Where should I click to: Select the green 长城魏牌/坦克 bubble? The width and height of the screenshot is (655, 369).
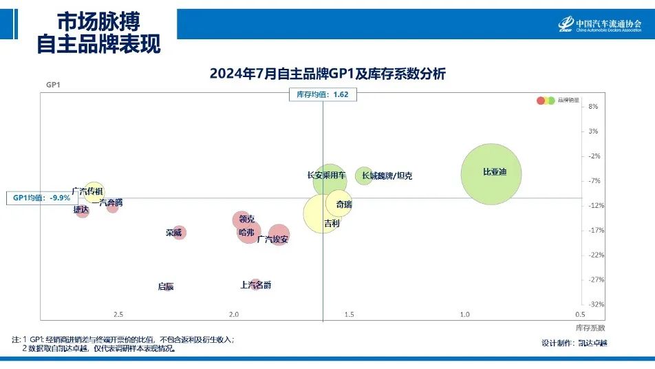364,176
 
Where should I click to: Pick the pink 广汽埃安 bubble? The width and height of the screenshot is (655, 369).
279,235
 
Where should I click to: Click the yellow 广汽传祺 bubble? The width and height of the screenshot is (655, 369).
94,192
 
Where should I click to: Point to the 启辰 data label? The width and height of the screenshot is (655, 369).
166,286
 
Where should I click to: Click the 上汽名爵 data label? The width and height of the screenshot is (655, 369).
255,284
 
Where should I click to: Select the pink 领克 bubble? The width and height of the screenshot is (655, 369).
241,220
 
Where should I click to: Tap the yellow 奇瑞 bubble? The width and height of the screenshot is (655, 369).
339,204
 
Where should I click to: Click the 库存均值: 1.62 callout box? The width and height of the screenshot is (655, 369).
323,95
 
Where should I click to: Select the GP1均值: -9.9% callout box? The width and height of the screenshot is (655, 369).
42,198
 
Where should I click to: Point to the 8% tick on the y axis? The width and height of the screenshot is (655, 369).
593,106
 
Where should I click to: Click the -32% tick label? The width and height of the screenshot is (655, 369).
596,304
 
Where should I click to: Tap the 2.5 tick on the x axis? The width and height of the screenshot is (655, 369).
118,315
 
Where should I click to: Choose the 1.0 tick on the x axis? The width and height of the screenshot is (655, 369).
464,315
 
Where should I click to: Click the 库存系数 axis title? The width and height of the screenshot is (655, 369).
590,327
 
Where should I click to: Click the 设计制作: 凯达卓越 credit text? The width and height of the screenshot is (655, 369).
575,343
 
